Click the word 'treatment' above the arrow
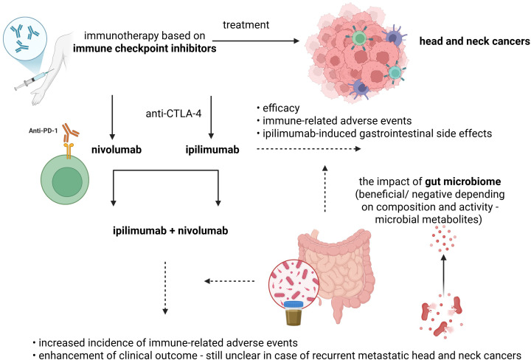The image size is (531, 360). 246,25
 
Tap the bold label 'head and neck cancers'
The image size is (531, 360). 475,41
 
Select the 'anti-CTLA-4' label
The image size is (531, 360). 173,114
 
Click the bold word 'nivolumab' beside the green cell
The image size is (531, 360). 117,150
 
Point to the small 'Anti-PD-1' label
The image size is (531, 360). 43,131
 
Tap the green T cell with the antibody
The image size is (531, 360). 65,179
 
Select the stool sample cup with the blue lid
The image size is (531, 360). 294,313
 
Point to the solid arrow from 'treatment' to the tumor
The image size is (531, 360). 256,41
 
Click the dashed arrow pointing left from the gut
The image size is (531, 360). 229,281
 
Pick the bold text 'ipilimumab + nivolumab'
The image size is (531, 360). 170,231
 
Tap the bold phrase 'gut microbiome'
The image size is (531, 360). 463,182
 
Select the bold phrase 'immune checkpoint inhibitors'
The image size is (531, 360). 145,49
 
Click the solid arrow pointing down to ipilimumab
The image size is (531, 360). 211,117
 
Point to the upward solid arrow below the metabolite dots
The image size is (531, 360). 444,274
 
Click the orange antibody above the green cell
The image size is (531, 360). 71,132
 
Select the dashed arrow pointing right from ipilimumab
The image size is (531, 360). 309,149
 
